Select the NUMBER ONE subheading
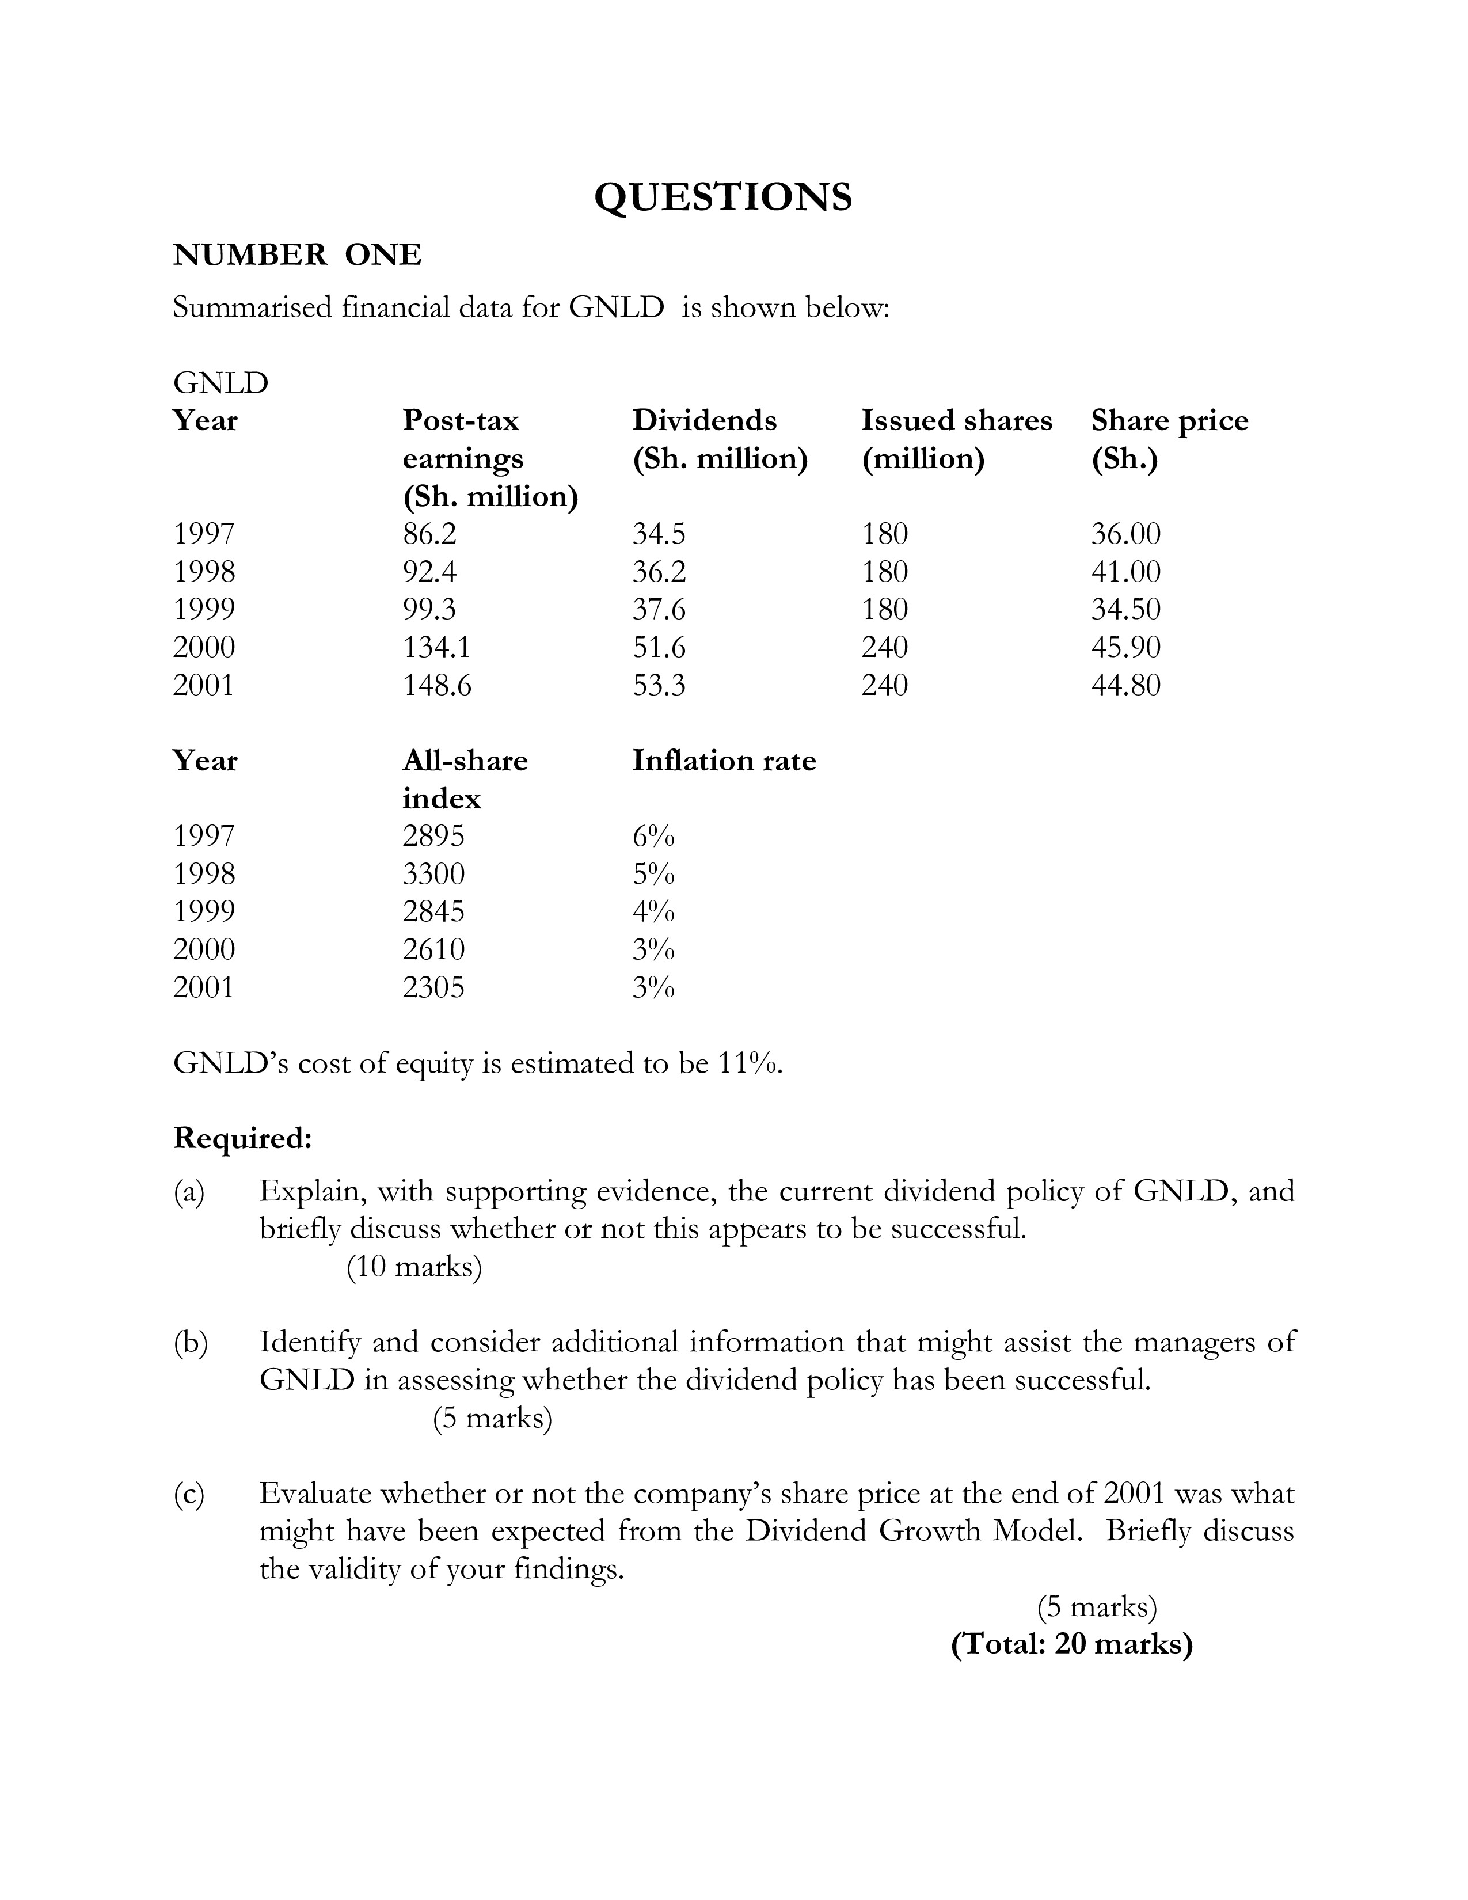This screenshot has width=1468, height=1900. pyautogui.click(x=298, y=255)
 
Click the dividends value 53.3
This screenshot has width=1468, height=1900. pyautogui.click(x=659, y=686)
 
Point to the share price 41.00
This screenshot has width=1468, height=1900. pyautogui.click(x=1125, y=572)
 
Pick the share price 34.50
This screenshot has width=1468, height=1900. pyautogui.click(x=1125, y=609)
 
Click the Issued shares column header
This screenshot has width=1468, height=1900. pyautogui.click(x=957, y=421)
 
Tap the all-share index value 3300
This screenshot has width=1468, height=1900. pyautogui.click(x=433, y=873)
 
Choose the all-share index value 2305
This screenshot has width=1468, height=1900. pyautogui.click(x=433, y=987)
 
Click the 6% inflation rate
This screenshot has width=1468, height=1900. pyautogui.click(x=653, y=836)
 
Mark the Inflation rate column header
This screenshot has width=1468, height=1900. pyautogui.click(x=724, y=761)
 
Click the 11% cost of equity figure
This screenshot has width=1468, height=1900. pyautogui.click(x=749, y=1063)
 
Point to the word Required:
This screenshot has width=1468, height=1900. pyautogui.click(x=242, y=1138)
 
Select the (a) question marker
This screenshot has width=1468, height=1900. pyautogui.click(x=189, y=1192)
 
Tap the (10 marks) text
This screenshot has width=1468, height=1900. pyautogui.click(x=414, y=1267)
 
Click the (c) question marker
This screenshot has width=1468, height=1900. pyautogui.click(x=189, y=1495)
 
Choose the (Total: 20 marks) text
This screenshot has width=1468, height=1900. pyautogui.click(x=1071, y=1645)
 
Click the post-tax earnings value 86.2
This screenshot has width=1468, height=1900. pyautogui.click(x=429, y=533)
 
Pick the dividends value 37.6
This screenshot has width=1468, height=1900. pyautogui.click(x=659, y=609)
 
